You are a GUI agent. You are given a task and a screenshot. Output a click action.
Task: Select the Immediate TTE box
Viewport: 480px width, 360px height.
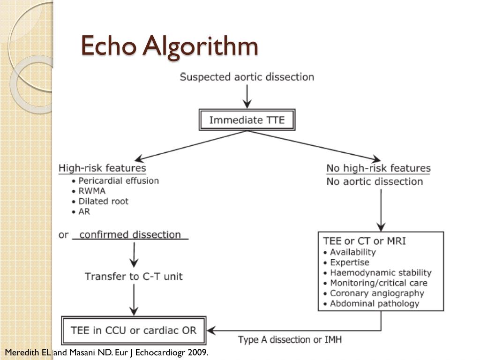pyautogui.click(x=247, y=120)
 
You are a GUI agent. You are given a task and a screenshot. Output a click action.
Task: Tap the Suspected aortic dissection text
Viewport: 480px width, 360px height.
pyautogui.click(x=247, y=77)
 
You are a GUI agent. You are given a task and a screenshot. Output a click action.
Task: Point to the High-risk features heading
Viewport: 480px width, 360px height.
pyautogui.click(x=102, y=168)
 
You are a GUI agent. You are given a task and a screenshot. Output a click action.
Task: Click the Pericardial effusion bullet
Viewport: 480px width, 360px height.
pyautogui.click(x=118, y=180)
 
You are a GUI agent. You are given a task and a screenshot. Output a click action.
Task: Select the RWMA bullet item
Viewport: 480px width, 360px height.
pyautogui.click(x=92, y=191)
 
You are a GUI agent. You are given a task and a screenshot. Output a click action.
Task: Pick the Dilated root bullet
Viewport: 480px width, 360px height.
pyautogui.click(x=103, y=201)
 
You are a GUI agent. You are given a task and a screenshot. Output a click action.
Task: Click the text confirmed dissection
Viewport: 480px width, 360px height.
pyautogui.click(x=130, y=234)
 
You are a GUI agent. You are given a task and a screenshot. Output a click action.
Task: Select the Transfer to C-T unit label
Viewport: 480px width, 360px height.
pyautogui.click(x=134, y=276)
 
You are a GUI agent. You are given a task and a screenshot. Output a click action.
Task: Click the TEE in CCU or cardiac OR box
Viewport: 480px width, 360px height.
pyautogui.click(x=134, y=330)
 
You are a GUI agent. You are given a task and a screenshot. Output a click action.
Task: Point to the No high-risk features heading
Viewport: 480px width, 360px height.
pyautogui.click(x=378, y=168)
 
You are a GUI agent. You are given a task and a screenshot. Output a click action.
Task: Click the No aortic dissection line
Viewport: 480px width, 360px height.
pyautogui.click(x=375, y=181)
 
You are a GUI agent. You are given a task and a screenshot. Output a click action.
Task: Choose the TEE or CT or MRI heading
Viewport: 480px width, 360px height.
pyautogui.click(x=364, y=241)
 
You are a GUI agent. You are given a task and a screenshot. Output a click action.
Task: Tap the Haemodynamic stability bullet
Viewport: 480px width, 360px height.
pyautogui.click(x=380, y=272)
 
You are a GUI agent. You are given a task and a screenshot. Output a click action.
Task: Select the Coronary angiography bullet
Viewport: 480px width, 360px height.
pyautogui.click(x=376, y=293)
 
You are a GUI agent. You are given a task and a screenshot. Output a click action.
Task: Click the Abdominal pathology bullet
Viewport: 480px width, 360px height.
pyautogui.click(x=374, y=304)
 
